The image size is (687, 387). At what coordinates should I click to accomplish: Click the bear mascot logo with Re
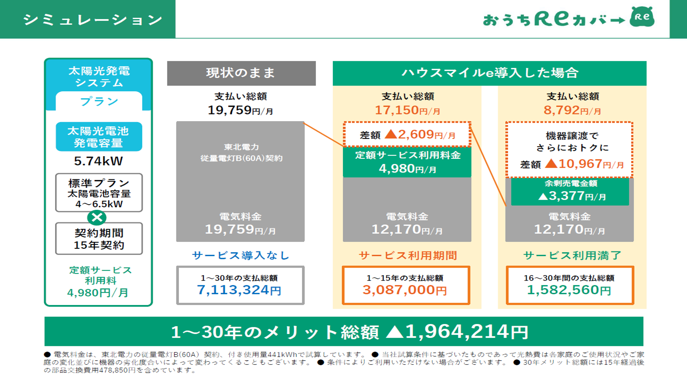642,17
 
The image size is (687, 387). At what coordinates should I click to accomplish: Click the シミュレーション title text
93,20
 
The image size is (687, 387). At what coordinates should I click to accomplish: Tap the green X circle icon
97,217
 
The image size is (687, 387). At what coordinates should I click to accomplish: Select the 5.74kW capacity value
98,161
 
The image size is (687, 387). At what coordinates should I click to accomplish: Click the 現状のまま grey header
241,73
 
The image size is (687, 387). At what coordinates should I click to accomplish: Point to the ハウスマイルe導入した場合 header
489,73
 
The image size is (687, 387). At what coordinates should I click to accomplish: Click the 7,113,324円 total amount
239,290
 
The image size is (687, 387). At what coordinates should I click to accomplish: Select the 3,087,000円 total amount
405,290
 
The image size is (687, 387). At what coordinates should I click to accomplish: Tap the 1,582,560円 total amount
569,290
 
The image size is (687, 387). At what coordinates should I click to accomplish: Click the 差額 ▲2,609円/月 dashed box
407,134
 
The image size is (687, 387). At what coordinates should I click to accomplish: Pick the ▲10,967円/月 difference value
584,164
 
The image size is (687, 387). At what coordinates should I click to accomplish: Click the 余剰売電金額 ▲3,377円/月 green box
570,191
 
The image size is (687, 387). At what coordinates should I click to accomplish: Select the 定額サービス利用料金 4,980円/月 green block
407,162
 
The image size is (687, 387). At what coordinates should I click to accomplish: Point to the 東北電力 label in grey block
241,147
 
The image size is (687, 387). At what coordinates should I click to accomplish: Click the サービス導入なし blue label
241,255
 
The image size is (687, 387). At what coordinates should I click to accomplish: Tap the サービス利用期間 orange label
408,255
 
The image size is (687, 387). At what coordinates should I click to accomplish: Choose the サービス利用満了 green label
572,255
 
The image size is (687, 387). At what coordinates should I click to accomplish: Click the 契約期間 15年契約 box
99,239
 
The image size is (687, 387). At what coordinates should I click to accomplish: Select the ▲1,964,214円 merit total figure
457,331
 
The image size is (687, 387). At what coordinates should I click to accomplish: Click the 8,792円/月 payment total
572,110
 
